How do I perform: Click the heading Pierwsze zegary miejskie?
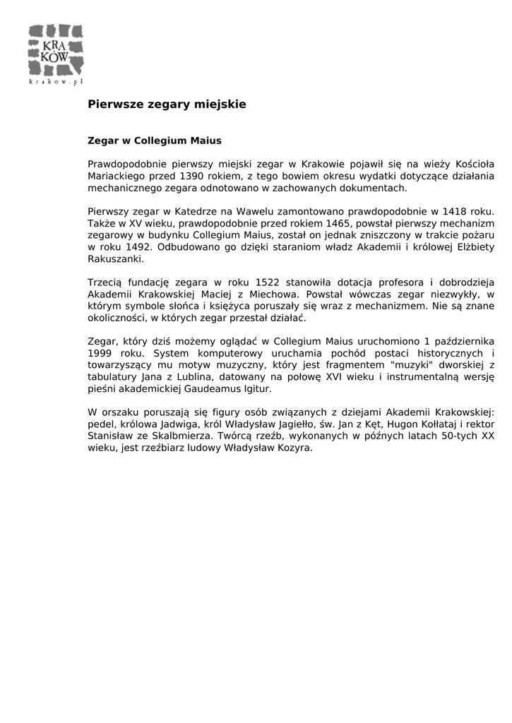pos(167,104)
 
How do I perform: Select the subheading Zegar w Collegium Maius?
pos(155,141)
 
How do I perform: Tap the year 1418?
pos(455,211)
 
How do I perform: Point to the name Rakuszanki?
pos(116,258)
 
